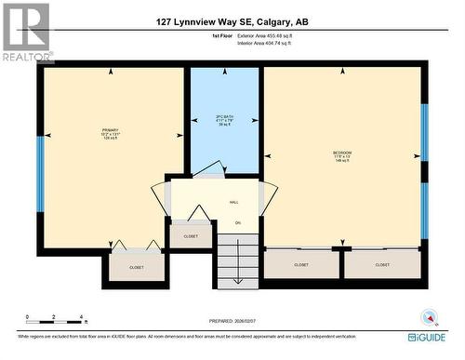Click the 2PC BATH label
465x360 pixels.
click(x=224, y=119)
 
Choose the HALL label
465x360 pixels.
click(x=234, y=202)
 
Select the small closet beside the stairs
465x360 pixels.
click(x=191, y=236)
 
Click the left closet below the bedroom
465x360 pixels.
click(x=301, y=264)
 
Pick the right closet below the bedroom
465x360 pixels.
click(x=382, y=264)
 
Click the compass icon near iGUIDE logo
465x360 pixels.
click(x=429, y=315)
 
